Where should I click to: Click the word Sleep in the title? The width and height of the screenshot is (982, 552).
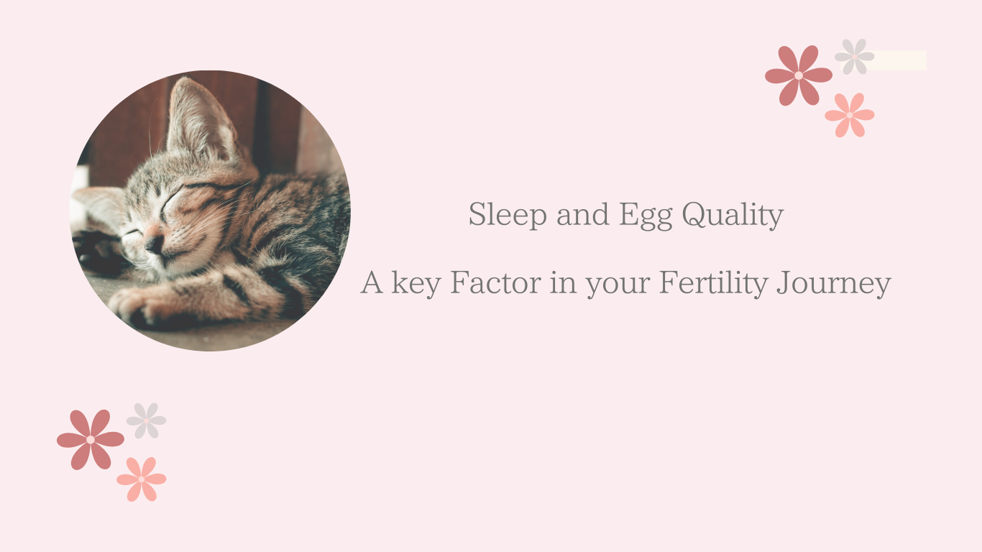[x=508, y=215]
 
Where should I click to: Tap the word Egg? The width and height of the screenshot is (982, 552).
[x=646, y=216]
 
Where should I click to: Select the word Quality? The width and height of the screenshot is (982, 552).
[x=733, y=215]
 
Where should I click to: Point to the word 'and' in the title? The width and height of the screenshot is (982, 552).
[x=582, y=215]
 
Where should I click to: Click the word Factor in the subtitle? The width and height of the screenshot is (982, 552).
[x=495, y=282]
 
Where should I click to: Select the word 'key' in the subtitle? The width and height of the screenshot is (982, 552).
[x=416, y=284]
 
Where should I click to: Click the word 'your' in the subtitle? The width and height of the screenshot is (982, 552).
[x=618, y=286]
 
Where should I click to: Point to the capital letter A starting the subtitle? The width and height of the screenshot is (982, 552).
[x=372, y=282]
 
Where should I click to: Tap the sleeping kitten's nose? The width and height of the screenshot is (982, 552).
[x=153, y=244]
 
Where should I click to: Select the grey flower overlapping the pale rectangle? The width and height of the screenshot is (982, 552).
[x=854, y=57]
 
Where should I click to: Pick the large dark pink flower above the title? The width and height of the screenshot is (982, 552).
[x=798, y=75]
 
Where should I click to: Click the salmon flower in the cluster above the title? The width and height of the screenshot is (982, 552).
[x=849, y=115]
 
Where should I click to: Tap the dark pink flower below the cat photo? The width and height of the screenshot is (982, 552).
[x=91, y=440]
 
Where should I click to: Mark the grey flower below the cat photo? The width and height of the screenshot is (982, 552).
[x=146, y=421]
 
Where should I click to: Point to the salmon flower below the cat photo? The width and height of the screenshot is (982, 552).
[x=141, y=479]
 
